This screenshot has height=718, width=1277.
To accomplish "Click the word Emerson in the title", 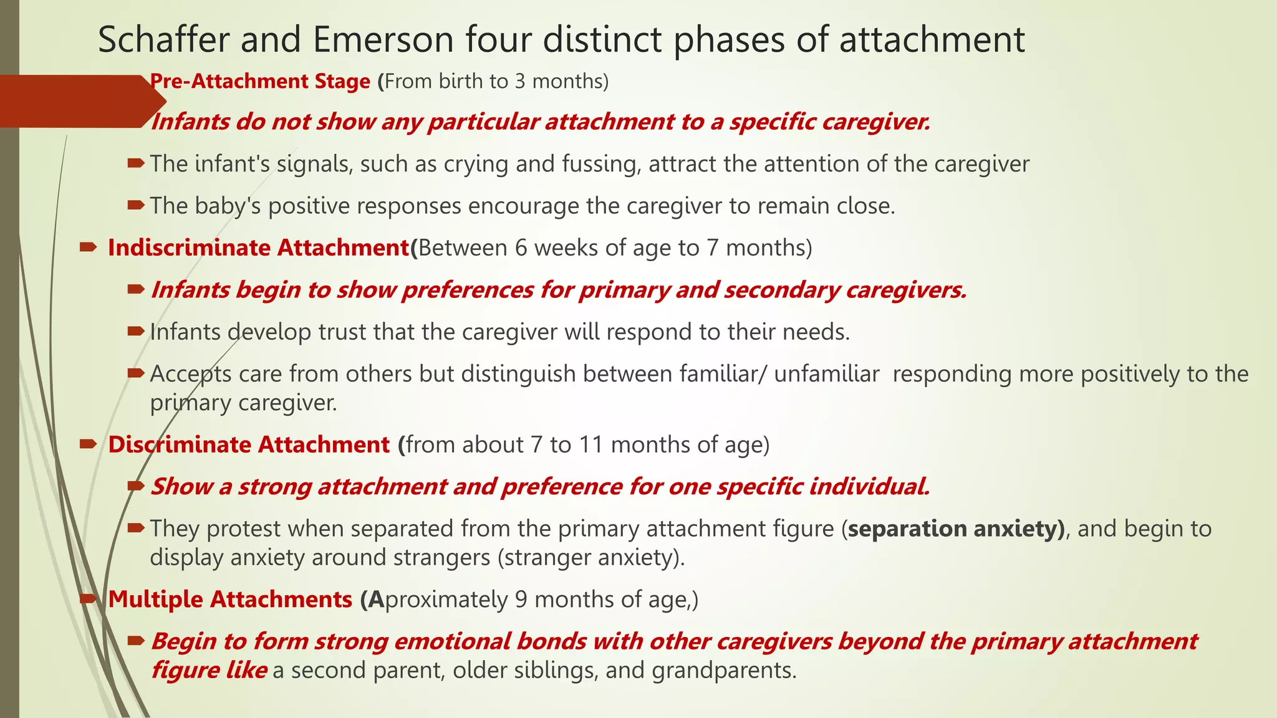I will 383,39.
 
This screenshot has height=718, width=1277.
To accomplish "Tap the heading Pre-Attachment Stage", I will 261,81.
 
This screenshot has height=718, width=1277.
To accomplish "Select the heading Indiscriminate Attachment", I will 258,247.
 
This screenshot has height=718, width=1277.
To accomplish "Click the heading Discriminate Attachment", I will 249,444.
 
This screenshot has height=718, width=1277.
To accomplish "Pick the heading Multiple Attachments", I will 230,599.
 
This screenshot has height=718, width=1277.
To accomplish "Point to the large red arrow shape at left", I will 81,101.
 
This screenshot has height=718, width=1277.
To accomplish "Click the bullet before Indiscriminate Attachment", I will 88,247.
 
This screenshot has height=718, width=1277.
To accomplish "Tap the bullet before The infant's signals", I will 135,163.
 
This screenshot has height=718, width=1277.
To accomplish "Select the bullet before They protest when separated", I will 135,529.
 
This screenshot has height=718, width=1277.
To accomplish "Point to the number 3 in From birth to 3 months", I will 519,81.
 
